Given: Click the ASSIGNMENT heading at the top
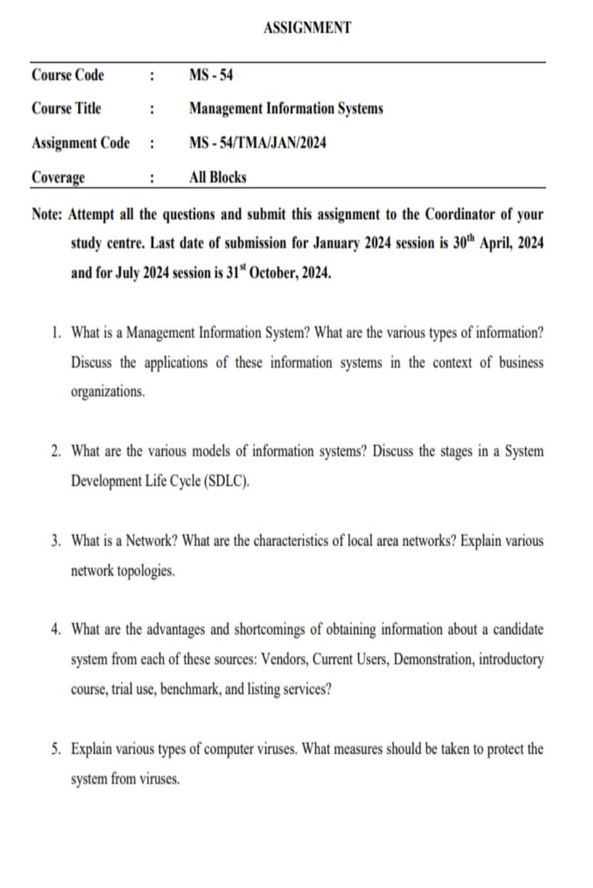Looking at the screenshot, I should click(307, 28).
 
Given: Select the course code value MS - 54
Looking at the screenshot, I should click(211, 76).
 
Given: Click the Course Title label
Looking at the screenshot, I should click(66, 108).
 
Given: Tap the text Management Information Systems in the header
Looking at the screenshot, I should click(286, 108).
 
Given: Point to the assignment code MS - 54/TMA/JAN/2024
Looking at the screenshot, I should click(257, 143).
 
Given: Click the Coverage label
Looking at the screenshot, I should click(58, 177).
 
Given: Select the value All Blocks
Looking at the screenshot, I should click(217, 177).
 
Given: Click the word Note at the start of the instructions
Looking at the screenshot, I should click(46, 215).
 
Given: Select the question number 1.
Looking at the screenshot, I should click(56, 333).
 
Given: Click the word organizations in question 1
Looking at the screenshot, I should click(107, 391).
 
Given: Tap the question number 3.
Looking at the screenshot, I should click(56, 542).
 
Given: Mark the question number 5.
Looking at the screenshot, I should click(56, 749).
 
